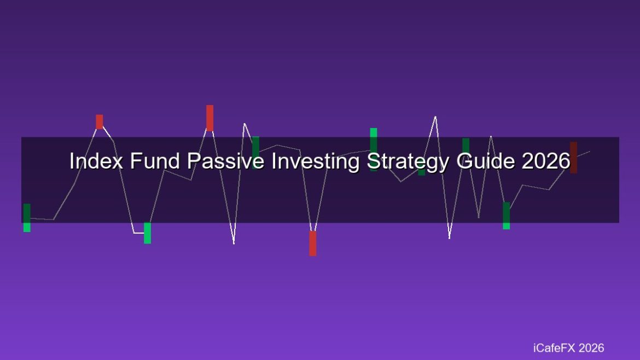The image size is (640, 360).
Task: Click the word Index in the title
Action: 96,161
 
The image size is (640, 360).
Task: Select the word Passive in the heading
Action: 225,161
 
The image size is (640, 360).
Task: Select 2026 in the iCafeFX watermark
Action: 591,348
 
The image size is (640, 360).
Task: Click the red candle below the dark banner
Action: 313,243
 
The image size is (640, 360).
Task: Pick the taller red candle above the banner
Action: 210,118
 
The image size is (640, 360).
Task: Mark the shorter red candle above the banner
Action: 99,121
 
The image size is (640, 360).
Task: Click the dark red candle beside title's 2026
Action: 573,158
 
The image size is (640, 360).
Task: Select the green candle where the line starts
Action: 27,218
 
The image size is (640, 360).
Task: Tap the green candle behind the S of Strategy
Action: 374,149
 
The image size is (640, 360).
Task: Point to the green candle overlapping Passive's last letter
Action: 256,152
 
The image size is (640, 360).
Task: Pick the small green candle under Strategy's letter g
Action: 422,171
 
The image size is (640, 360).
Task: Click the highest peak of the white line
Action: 435,117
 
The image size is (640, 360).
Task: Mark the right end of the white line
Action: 590,152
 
